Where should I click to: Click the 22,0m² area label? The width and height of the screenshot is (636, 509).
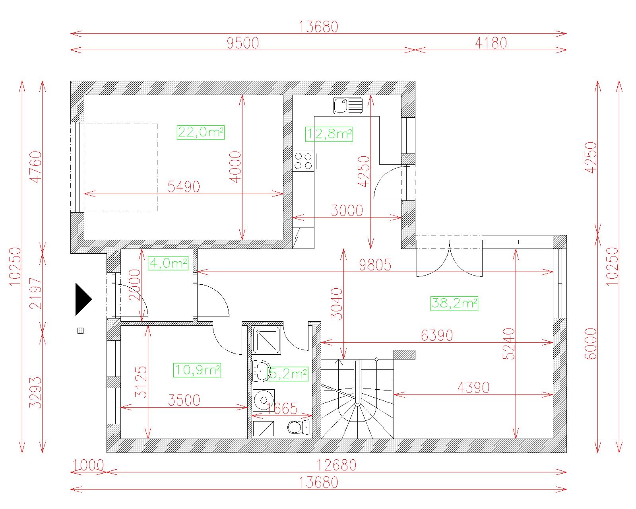click(201, 132)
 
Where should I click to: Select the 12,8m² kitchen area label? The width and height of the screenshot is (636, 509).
click(329, 134)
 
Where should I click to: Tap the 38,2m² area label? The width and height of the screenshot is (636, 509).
click(454, 303)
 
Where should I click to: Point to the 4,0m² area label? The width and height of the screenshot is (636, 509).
click(168, 263)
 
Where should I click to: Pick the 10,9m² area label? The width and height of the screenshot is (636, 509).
click(197, 370)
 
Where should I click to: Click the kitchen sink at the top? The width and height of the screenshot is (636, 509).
click(348, 106)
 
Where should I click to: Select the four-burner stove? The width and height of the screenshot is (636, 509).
click(303, 161)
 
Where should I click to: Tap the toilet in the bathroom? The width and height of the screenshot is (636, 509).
click(299, 427)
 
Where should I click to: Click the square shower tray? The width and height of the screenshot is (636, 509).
click(266, 340)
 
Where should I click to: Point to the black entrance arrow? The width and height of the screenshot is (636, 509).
click(83, 299)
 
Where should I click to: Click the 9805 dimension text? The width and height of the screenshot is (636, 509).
click(375, 265)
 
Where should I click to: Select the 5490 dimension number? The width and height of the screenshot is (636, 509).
click(184, 187)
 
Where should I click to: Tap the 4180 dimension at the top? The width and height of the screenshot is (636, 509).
click(491, 43)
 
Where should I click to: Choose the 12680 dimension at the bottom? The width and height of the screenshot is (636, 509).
click(336, 466)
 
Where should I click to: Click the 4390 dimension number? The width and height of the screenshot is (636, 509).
click(473, 388)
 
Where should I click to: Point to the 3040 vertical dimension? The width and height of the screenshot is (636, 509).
click(337, 304)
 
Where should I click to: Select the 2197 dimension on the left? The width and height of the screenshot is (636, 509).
click(36, 293)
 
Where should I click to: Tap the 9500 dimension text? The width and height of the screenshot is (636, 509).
click(243, 43)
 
